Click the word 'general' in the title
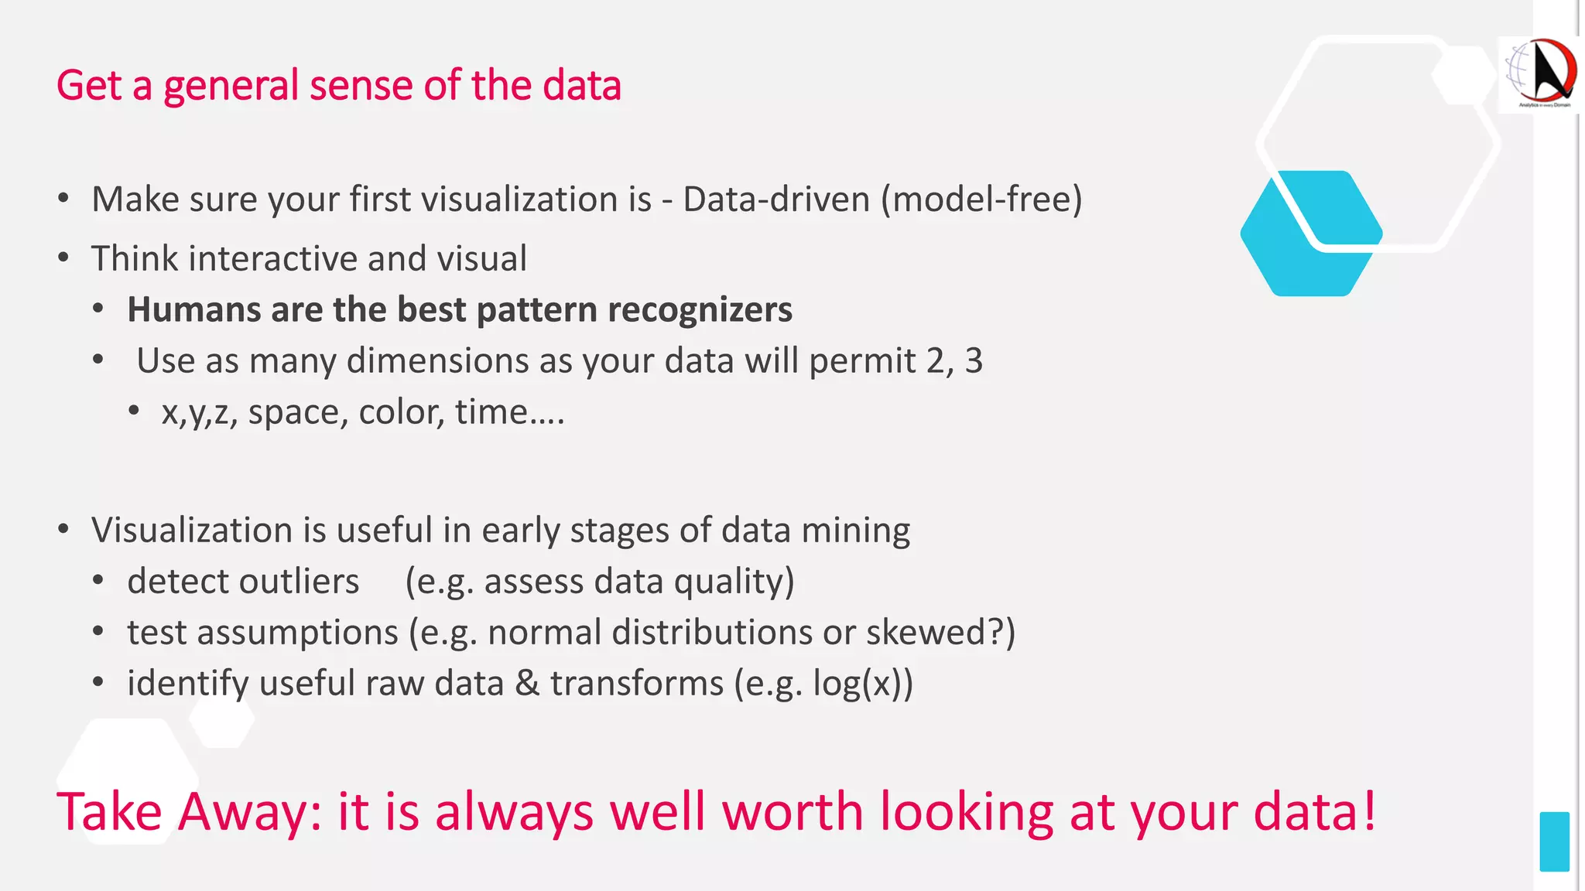point(230,87)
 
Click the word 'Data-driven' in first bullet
point(775,200)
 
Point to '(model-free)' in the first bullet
point(981,200)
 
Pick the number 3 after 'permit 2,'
point(974,361)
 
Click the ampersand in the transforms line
point(527,684)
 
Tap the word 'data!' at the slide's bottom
point(1315,813)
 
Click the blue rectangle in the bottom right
point(1554,841)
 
